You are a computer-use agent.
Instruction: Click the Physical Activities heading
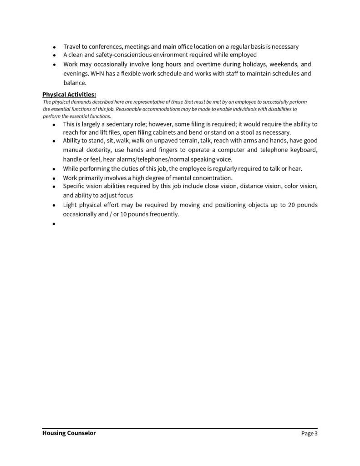(69, 95)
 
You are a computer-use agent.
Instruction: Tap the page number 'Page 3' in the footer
(309, 434)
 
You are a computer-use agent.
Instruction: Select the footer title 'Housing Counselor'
(69, 434)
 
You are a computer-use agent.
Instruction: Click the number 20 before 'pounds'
(285, 205)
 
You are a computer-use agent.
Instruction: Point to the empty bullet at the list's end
(54, 224)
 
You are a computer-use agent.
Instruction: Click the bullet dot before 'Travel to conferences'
(54, 47)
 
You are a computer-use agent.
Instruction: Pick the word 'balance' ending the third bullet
(74, 83)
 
